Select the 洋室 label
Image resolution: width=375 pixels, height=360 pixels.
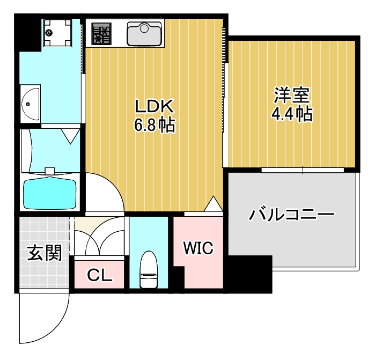click(x=292, y=96)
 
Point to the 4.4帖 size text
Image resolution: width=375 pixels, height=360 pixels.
click(x=292, y=114)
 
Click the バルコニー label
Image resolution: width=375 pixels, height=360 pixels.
click(x=291, y=215)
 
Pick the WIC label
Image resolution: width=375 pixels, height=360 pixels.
click(x=198, y=248)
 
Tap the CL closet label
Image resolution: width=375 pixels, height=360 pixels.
click(x=99, y=275)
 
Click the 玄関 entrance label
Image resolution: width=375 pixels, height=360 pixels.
click(x=44, y=252)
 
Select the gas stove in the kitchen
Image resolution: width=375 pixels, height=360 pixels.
click(x=101, y=33)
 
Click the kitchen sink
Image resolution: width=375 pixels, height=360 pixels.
click(x=144, y=33)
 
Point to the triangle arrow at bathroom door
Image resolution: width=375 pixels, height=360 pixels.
click(x=70, y=136)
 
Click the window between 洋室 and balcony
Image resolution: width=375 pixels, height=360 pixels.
click(x=303, y=170)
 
